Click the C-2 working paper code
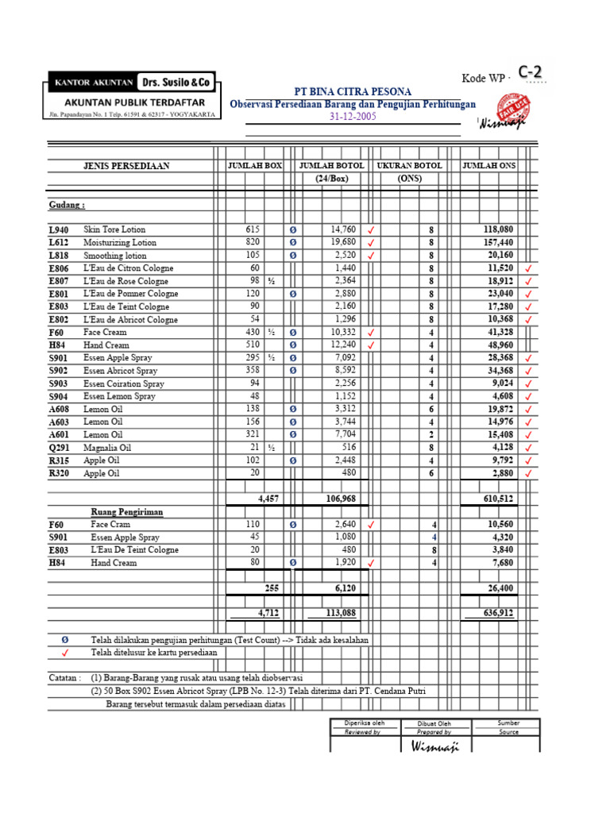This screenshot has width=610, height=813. [532, 73]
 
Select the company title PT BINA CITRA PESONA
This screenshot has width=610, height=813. [353, 91]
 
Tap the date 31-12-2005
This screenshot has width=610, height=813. [353, 116]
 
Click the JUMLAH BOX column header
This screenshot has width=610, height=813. [255, 166]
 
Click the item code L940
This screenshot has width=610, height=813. [58, 229]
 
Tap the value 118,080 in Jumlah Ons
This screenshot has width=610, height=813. [498, 229]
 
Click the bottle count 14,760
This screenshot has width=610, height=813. [343, 229]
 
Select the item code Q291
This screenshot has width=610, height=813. [59, 448]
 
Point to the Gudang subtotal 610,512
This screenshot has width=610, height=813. [498, 499]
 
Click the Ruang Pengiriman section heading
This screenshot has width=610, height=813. [126, 512]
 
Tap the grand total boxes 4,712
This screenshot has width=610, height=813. [269, 613]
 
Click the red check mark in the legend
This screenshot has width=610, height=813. [65, 653]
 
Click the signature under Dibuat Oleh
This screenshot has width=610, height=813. [434, 747]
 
